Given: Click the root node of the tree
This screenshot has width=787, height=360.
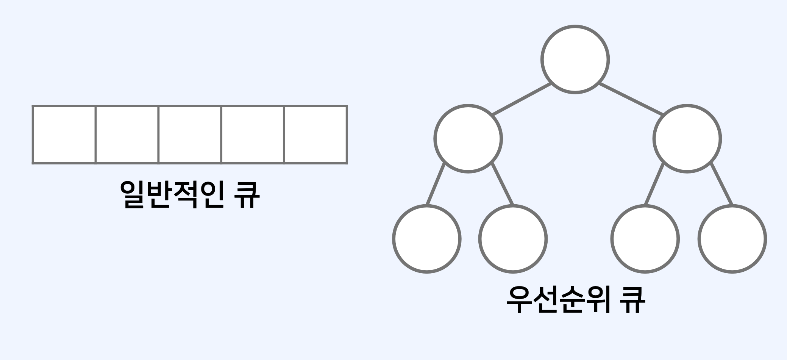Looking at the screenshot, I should pyautogui.click(x=575, y=59).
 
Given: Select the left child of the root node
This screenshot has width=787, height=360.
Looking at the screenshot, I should pyautogui.click(x=468, y=139).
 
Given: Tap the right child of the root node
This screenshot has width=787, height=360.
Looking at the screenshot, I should pyautogui.click(x=687, y=139).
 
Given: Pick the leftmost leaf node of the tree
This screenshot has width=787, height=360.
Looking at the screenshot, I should pyautogui.click(x=427, y=239).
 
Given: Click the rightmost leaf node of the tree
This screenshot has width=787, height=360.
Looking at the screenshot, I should pyautogui.click(x=732, y=239).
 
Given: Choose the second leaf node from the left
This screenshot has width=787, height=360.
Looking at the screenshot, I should pyautogui.click(x=513, y=239).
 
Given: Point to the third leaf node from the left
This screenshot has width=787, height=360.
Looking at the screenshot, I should pyautogui.click(x=645, y=239).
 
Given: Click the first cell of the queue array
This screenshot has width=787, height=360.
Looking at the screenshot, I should pyautogui.click(x=64, y=135).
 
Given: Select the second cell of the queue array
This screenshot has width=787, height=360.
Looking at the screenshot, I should pyautogui.click(x=127, y=135).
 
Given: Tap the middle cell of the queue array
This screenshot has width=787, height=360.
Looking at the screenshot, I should pyautogui.click(x=190, y=135).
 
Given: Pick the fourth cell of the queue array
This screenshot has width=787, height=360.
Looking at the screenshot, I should pyautogui.click(x=253, y=135).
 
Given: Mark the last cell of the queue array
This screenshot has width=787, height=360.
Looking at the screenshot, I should pyautogui.click(x=315, y=135).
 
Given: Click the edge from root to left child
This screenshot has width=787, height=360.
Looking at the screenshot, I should pyautogui.click(x=522, y=99).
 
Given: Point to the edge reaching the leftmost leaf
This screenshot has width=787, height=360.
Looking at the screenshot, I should pyautogui.click(x=436, y=184).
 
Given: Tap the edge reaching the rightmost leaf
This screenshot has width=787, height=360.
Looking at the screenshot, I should pyautogui.click(x=721, y=184).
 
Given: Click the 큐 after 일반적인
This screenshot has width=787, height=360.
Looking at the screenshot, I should pyautogui.click(x=247, y=194).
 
